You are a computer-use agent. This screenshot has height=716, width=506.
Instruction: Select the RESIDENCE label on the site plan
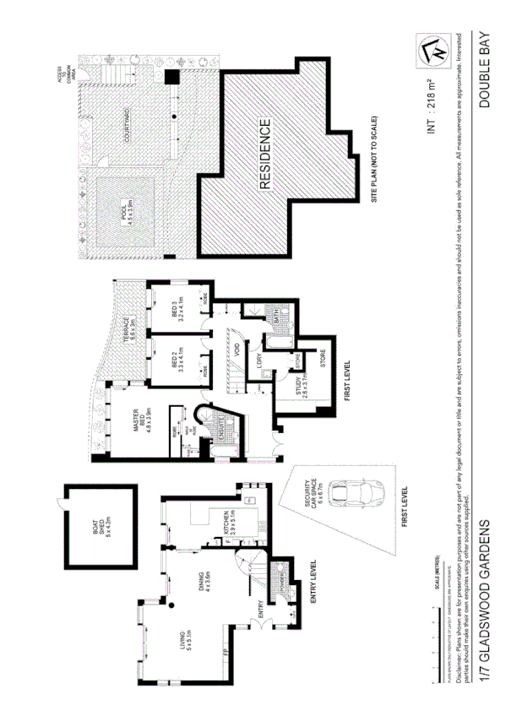point(264,154)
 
